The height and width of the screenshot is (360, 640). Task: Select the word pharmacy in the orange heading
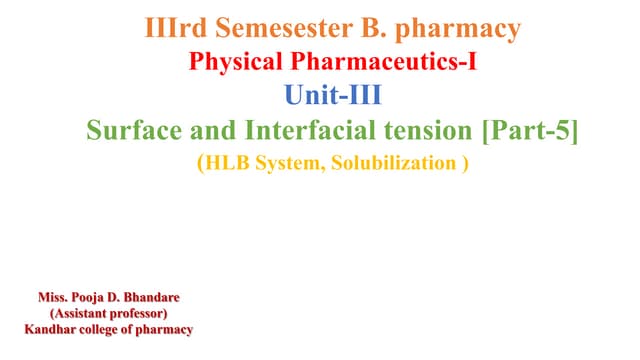[466, 27]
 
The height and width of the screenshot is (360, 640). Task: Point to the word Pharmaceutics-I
[386, 63]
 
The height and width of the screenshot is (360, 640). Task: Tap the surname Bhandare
[162, 298]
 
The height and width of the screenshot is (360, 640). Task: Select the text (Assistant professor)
[109, 314]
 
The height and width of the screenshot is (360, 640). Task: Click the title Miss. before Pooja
[56, 298]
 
